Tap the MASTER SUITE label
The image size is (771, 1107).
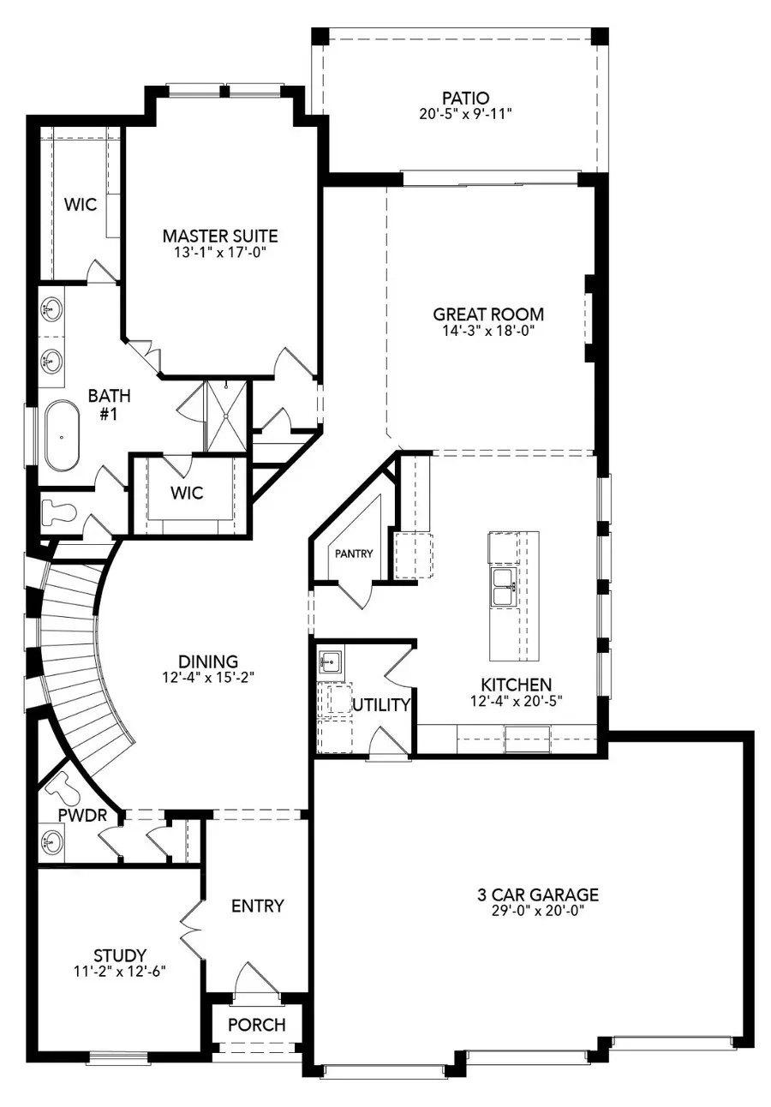[x=220, y=236]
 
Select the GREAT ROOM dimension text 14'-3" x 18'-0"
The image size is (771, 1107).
[x=488, y=331]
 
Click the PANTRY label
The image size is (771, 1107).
[x=354, y=553]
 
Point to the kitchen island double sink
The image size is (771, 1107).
[x=502, y=587]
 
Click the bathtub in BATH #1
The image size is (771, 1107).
[x=62, y=434]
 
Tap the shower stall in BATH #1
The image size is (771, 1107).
[x=226, y=416]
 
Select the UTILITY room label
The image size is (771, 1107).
[x=381, y=705]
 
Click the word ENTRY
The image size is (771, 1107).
[x=258, y=906]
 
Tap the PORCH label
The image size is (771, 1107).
[x=257, y=1025]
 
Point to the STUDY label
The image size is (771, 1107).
[x=119, y=954]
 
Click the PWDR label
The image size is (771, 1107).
[x=82, y=815]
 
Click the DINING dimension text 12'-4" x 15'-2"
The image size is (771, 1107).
[x=208, y=677]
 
